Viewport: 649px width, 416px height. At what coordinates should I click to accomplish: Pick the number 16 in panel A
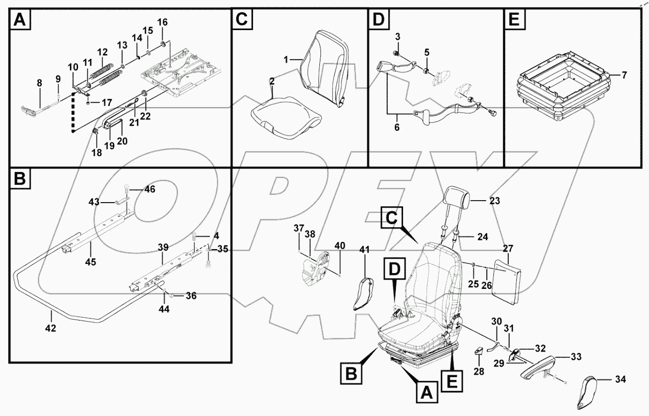pos(162,22)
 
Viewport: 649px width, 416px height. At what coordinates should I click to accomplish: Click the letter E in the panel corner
pos(513,20)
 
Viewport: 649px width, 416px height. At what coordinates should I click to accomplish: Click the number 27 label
pos(508,249)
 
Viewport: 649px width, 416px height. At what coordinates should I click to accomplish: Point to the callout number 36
pos(191,295)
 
